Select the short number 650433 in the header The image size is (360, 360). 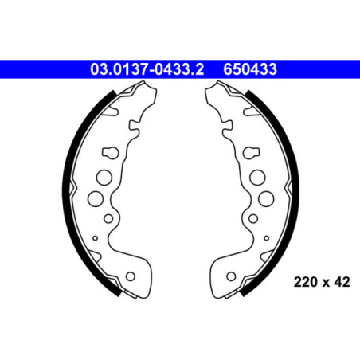[x=250, y=70]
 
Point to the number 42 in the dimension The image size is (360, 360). [x=342, y=281]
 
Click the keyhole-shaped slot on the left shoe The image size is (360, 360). [x=108, y=152]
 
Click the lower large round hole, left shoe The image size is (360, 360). [x=94, y=198]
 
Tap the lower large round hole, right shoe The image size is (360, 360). [x=265, y=198]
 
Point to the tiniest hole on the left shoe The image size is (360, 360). [x=94, y=237]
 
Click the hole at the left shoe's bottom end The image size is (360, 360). [x=131, y=277]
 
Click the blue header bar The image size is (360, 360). [x=48, y=70]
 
